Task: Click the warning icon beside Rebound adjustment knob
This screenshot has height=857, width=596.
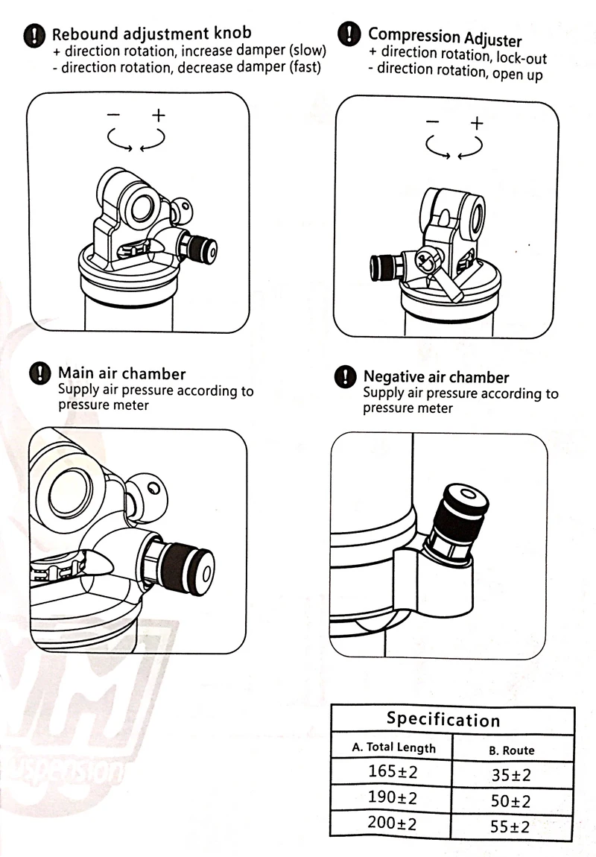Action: [x=34, y=36]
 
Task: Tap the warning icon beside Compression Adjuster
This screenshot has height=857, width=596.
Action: [x=349, y=34]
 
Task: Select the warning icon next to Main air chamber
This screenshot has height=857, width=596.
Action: [x=40, y=373]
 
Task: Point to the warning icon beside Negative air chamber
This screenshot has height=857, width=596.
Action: [x=345, y=377]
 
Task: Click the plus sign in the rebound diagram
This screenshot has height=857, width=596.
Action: [x=159, y=115]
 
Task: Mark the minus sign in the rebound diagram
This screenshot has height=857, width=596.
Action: [x=114, y=114]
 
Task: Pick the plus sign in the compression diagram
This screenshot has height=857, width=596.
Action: [x=476, y=122]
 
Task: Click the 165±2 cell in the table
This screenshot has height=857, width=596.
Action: [x=392, y=771]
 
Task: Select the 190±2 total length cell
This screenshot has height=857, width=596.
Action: [x=392, y=797]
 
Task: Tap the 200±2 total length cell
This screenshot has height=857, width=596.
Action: [x=392, y=823]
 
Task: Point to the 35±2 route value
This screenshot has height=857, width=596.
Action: [x=511, y=775]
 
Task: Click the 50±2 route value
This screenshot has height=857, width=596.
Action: [x=511, y=801]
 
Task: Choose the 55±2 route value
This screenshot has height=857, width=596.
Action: [x=510, y=827]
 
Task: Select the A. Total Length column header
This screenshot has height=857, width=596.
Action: [x=394, y=747]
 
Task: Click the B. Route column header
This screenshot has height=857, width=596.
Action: [x=512, y=750]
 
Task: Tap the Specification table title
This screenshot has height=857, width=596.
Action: [x=443, y=719]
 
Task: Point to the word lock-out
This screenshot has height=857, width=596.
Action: [x=521, y=57]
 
